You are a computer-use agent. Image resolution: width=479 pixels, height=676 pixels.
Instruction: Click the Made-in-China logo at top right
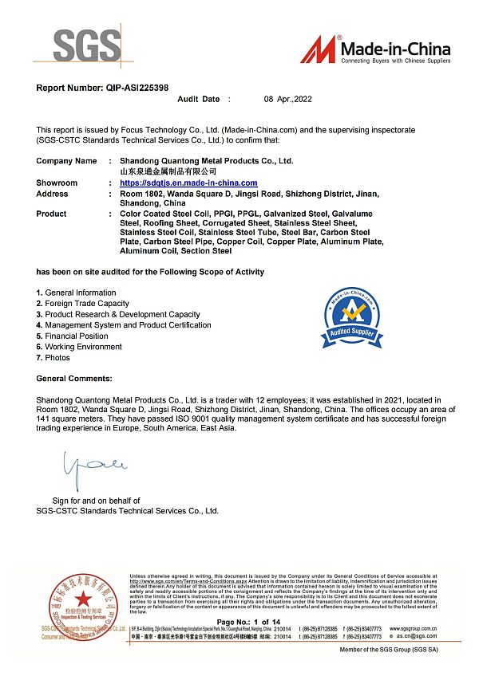click(375, 49)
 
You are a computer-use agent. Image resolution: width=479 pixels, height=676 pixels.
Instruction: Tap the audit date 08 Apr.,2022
click(290, 100)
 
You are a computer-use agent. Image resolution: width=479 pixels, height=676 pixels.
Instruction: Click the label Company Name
click(66, 161)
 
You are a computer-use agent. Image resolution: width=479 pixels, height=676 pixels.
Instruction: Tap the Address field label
click(53, 194)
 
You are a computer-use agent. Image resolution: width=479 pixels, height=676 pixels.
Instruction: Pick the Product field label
click(51, 214)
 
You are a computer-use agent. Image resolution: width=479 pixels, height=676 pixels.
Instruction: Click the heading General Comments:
click(74, 378)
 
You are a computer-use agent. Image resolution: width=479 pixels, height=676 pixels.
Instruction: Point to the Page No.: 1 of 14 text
click(249, 621)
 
